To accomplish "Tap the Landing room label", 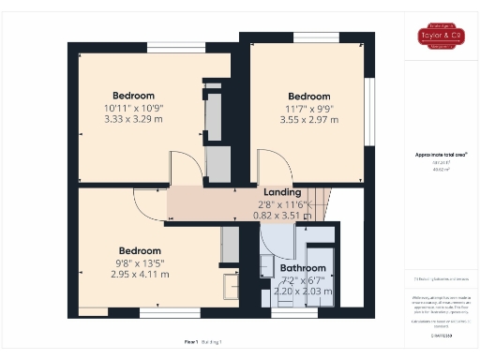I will [x=282, y=191].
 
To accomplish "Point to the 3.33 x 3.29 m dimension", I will [x=133, y=119].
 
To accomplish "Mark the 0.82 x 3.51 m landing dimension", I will [x=282, y=214].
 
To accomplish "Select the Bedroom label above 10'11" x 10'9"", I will [x=133, y=96].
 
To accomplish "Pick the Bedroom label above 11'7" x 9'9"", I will [x=308, y=97].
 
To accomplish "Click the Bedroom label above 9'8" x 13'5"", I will [x=140, y=250].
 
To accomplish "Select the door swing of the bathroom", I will [x=277, y=240].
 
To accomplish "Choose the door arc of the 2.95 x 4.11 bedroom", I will [x=148, y=201].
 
